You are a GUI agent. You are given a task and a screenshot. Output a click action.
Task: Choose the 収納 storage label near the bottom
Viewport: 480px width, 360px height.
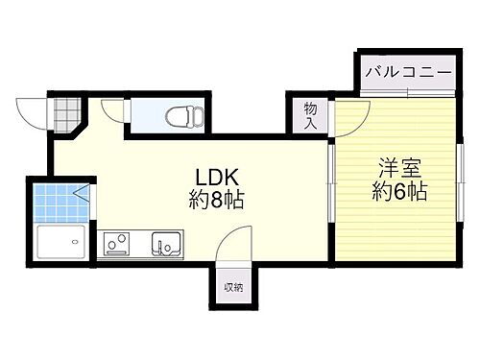tap(233, 287)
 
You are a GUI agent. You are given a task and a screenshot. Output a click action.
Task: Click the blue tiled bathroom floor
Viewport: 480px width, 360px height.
tap(60, 203)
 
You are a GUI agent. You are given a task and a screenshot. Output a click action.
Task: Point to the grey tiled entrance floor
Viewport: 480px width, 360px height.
tap(66, 115)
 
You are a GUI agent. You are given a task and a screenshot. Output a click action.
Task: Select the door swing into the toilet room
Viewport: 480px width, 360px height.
tap(115, 111)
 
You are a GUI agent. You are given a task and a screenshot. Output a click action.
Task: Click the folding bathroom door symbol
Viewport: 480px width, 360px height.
tap(88, 198)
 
